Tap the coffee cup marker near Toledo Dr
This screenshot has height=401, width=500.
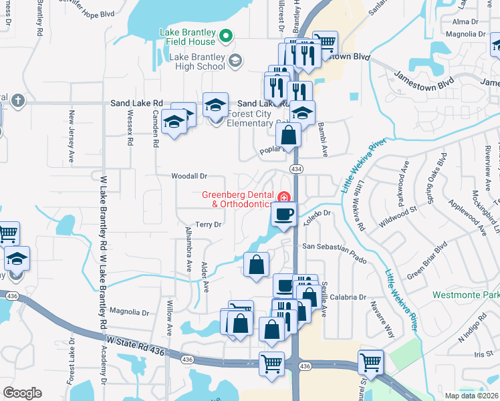click(283, 215)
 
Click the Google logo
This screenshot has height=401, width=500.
click(22, 393)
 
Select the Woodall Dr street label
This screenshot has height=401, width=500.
click(190, 176)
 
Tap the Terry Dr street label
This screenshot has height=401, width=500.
click(208, 225)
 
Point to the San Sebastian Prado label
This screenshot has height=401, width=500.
click(335, 247)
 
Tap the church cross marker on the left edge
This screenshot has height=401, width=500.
click(17, 100)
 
